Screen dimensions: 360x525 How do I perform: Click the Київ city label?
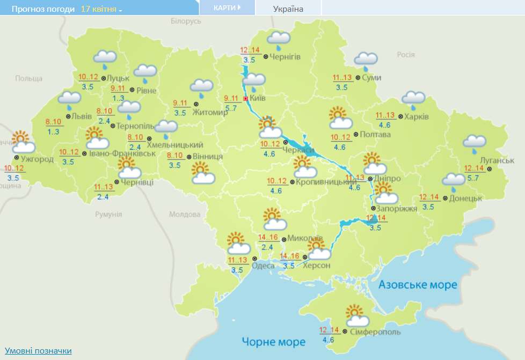(x=258, y=98)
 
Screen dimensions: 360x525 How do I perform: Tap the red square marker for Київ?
(x=246, y=99)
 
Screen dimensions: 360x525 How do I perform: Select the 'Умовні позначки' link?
(x=38, y=351)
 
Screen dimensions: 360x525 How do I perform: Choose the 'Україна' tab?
(x=288, y=9)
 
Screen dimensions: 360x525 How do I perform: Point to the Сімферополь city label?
(x=375, y=332)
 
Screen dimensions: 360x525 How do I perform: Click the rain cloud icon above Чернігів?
(x=279, y=39)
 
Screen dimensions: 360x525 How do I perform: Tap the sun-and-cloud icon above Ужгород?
(x=23, y=142)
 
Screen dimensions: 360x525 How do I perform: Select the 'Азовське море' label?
(x=418, y=285)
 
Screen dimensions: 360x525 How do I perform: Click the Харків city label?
(x=417, y=116)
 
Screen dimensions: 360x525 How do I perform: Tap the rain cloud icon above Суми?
(x=366, y=60)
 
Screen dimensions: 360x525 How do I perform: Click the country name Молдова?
(x=184, y=215)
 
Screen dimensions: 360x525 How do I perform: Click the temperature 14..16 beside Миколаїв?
(x=268, y=238)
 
